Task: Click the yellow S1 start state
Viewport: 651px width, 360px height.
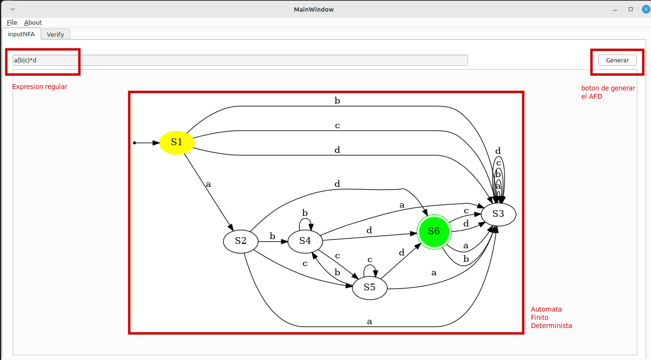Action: coord(177,143)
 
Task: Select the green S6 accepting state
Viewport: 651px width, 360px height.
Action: coord(434,231)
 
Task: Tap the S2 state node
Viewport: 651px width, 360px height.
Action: coord(241,240)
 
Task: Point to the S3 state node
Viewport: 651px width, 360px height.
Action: coord(498,214)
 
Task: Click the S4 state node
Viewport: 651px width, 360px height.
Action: coord(305,240)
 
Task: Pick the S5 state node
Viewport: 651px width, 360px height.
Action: coord(369,287)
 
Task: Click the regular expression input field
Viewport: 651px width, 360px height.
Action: coord(240,60)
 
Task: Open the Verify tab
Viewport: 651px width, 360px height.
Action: coord(55,34)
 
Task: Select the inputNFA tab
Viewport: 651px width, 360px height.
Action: coord(21,34)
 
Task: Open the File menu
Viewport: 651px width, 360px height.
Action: coord(12,22)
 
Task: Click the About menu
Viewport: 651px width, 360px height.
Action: coord(33,22)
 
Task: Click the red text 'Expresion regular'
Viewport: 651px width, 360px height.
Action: coord(40,87)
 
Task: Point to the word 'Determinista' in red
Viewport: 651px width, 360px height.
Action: coord(551,326)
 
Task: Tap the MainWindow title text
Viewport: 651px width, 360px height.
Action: coord(314,9)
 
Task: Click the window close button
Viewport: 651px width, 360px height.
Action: coord(645,9)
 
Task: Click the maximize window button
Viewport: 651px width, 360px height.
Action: coord(631,9)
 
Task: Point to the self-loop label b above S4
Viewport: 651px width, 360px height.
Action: coord(305,213)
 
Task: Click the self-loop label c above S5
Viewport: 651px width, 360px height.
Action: coord(370,260)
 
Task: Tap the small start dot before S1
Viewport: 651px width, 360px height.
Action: coord(135,143)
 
